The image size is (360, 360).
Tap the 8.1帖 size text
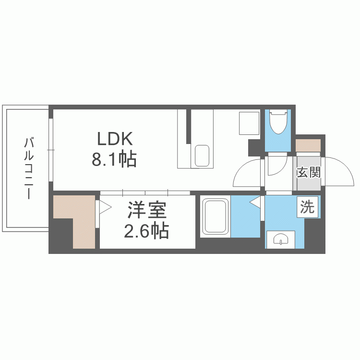[x=114, y=159]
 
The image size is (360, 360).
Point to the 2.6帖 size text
[x=146, y=232]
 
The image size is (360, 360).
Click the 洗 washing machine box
[x=308, y=207]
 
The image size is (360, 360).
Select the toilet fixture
[x=278, y=123]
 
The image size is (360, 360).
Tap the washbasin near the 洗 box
[x=280, y=239]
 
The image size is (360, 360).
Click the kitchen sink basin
[x=202, y=156]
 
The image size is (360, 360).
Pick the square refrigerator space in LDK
[x=249, y=123]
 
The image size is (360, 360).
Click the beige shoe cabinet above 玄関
[x=308, y=145]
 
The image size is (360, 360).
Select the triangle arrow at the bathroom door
[x=256, y=204]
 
